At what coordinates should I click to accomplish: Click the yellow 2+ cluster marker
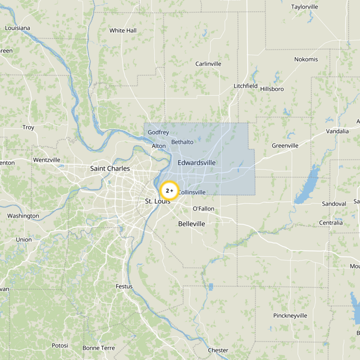(x=170, y=191)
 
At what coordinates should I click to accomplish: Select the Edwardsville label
(x=197, y=162)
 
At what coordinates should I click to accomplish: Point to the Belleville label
(x=192, y=224)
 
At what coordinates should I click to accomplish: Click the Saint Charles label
(x=110, y=169)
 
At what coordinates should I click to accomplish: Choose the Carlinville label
(x=208, y=64)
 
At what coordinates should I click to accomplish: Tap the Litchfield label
(x=246, y=86)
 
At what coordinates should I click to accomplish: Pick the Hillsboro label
(x=272, y=89)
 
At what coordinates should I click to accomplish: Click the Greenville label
(x=285, y=146)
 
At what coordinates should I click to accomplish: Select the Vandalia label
(x=337, y=131)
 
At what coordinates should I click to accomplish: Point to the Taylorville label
(x=305, y=7)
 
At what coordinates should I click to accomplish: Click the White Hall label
(x=123, y=31)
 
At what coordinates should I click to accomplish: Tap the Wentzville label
(x=47, y=160)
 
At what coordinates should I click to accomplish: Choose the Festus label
(x=124, y=286)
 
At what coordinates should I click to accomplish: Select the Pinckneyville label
(x=290, y=316)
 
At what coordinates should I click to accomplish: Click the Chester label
(x=218, y=351)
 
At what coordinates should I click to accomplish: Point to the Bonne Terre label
(x=99, y=348)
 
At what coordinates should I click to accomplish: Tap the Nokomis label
(x=306, y=59)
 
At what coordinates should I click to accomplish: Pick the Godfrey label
(x=158, y=133)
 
